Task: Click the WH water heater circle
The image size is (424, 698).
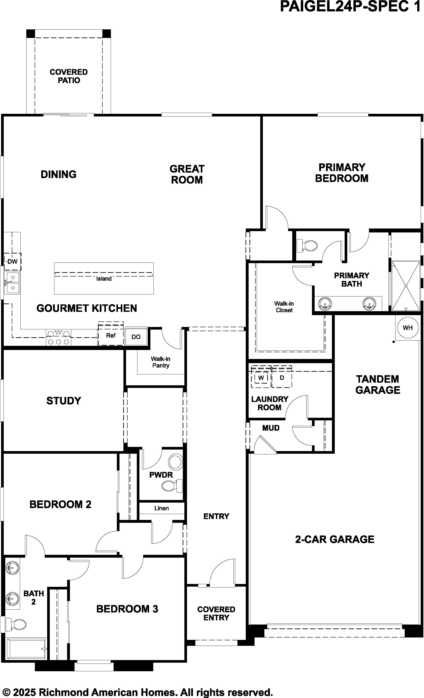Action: [x=407, y=328]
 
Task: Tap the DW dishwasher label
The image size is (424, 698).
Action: [x=12, y=261]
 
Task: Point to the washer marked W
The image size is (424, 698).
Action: [x=261, y=378]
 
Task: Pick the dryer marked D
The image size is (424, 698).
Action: [x=282, y=378]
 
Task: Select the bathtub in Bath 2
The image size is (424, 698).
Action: [x=27, y=649]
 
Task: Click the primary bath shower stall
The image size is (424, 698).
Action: [x=406, y=286]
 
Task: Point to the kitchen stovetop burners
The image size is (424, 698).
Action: [x=59, y=337]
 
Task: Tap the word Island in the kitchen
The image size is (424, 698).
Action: [x=104, y=279]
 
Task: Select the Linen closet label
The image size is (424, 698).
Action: [x=161, y=508]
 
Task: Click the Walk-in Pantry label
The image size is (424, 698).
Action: [x=161, y=362]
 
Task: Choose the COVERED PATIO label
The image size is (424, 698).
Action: [x=69, y=76]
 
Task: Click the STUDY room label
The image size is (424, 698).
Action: [x=64, y=401]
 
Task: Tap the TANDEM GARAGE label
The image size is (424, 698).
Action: [x=378, y=384]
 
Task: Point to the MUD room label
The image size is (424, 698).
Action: [x=271, y=428]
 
